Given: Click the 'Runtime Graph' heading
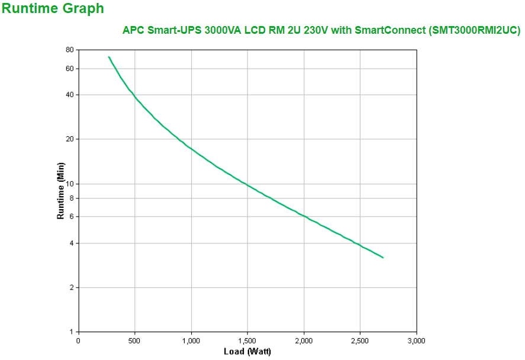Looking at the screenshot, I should point(53,9).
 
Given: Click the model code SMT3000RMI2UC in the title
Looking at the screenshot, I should point(473,31).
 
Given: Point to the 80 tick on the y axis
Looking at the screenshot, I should point(69,50).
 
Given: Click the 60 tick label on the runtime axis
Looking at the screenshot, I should point(69,69).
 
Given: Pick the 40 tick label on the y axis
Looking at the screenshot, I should point(69,95).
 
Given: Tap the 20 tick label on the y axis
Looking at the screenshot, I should point(69,139).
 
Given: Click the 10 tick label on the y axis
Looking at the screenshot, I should point(69,184).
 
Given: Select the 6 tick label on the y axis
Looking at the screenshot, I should point(71,217).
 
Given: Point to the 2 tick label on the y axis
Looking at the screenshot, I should point(71,288).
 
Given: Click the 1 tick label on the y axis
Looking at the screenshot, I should point(71,332).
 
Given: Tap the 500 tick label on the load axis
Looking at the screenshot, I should point(135,340).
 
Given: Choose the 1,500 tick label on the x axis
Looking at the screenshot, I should point(247,340).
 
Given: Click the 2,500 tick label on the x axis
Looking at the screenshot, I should point(360,340).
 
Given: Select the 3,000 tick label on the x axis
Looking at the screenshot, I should point(417,340).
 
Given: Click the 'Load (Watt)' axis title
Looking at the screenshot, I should point(247,352).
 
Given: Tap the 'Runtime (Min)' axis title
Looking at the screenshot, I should point(60,191).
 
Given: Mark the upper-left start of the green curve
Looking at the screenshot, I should point(109,57).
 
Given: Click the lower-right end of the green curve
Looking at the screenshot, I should point(383,258).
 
